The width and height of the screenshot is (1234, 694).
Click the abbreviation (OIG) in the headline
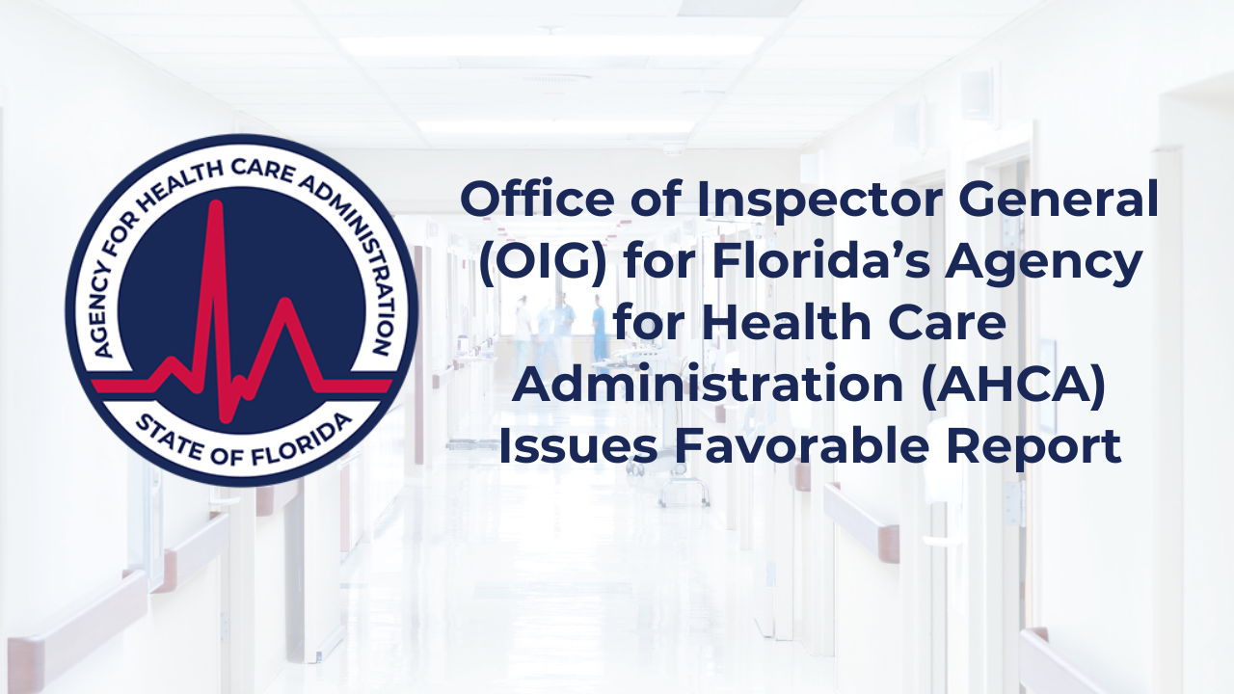pos(542,262)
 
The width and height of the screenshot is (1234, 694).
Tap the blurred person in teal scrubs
pos(600,328)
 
